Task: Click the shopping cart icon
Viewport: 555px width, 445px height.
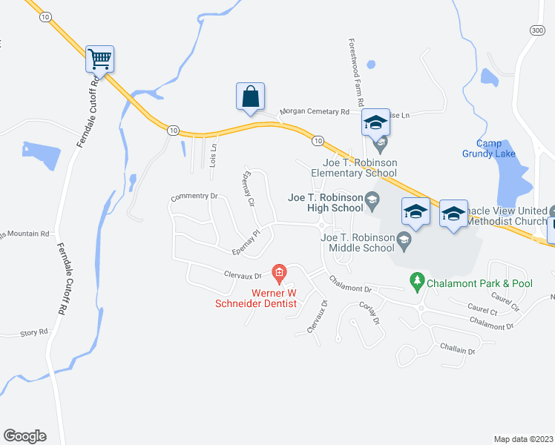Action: [99, 57]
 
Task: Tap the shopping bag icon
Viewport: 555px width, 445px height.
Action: [250, 96]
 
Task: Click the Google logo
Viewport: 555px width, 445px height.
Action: [24, 436]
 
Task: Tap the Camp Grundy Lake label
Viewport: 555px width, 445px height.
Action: [496, 148]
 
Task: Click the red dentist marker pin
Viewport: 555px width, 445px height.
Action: [279, 274]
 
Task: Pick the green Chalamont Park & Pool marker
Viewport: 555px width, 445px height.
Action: [417, 283]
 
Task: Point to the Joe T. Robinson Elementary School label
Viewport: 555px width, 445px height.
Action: [354, 168]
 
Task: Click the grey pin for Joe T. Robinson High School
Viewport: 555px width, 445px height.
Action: [372, 198]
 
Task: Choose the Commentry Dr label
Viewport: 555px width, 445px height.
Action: [193, 197]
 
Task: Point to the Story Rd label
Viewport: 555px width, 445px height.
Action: [33, 332]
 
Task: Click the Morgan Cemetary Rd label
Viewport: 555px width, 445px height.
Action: [314, 112]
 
